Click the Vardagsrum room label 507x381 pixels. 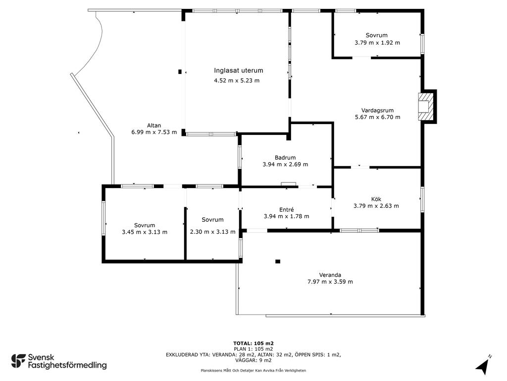coord(377,110)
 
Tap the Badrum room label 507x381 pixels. coord(285,158)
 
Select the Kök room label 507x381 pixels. coord(376,199)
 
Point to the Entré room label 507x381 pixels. coord(287,210)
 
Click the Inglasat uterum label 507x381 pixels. coord(239,70)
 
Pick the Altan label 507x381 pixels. coord(154,126)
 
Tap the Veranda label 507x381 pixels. coord(330,275)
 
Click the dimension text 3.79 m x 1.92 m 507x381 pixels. coord(377,43)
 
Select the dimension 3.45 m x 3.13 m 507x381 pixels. coord(145,232)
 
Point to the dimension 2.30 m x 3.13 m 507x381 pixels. coord(213,232)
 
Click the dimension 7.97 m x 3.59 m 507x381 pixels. coord(330,282)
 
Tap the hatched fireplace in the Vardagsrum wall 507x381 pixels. coord(425,107)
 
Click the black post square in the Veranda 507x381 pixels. coord(278,261)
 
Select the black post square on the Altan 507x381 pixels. coord(180,72)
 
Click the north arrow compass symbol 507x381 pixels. coord(482,366)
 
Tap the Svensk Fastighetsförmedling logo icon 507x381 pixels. coord(18,361)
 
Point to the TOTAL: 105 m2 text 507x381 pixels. coord(253,343)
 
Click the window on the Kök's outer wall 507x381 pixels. coord(422,199)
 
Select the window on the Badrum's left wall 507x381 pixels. coord(240,157)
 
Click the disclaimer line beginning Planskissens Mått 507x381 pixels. coord(253,370)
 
